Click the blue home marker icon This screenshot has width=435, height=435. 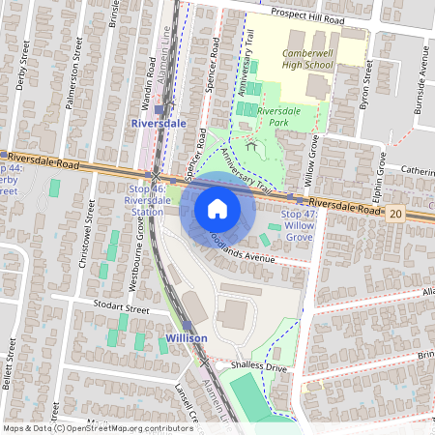217,209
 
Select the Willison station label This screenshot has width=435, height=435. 187,339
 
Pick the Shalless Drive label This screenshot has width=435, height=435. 260,367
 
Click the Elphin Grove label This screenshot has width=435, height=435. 382,172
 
